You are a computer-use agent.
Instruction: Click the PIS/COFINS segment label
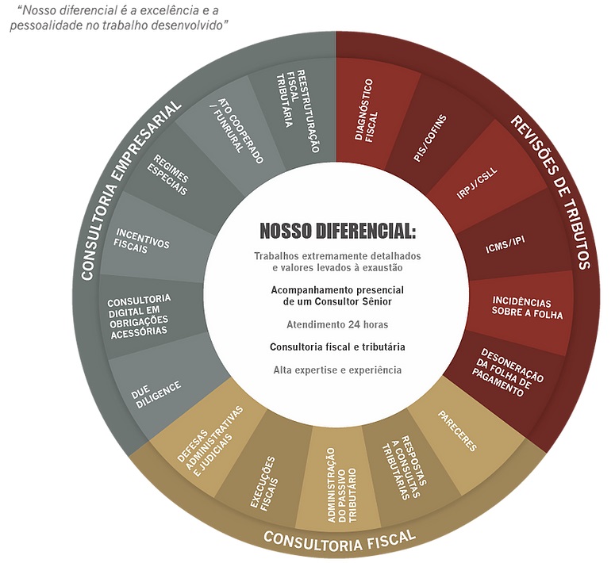(430, 138)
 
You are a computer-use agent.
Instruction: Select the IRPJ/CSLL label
(477, 183)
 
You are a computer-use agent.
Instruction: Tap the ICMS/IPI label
(505, 245)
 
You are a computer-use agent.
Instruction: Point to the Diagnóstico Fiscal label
(366, 109)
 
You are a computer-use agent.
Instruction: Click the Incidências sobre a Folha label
(527, 308)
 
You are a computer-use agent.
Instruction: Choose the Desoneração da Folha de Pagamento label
(507, 373)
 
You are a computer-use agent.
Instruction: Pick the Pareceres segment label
(457, 431)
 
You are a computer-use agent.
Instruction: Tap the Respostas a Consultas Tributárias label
(404, 468)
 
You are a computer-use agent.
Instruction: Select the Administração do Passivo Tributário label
(342, 485)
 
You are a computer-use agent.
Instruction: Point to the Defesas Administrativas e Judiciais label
(210, 442)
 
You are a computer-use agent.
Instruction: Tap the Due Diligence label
(156, 394)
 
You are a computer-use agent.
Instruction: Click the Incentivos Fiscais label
(141, 242)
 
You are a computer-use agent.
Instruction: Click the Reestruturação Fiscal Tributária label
(298, 110)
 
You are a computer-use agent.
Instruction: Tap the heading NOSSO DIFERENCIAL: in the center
(338, 231)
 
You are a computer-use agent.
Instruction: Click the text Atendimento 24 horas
(337, 324)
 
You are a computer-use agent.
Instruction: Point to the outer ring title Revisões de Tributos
(550, 192)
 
